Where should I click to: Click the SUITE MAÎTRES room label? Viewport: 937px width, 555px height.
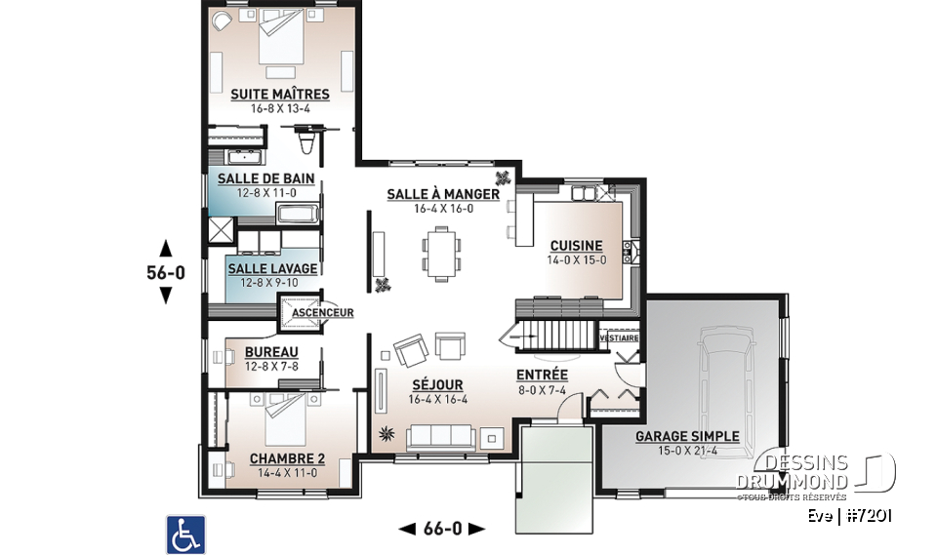coord(279,95)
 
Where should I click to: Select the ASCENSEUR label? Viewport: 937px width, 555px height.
coord(322,313)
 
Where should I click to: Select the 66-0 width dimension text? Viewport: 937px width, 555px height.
coord(442,529)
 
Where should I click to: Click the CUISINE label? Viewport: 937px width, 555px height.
coord(576,246)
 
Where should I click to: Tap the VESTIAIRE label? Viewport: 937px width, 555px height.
coord(619,337)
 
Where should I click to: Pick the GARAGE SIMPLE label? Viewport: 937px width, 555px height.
coord(687,436)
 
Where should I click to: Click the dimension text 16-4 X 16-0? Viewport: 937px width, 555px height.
coord(442,209)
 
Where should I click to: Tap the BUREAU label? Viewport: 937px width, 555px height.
coord(271,352)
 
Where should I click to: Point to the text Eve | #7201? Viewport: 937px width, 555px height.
coord(850,516)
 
